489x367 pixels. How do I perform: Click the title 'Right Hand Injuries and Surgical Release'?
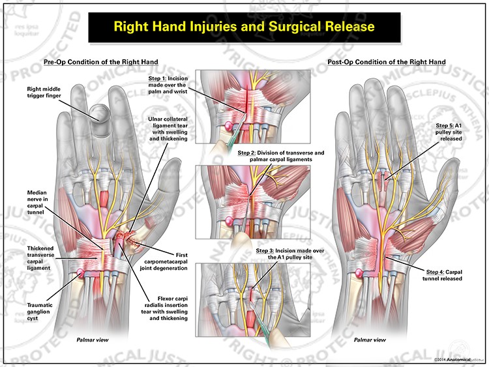tap(244, 27)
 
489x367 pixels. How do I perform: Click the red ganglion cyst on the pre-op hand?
tap(80, 272)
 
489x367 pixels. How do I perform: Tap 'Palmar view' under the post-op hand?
tap(371, 340)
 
